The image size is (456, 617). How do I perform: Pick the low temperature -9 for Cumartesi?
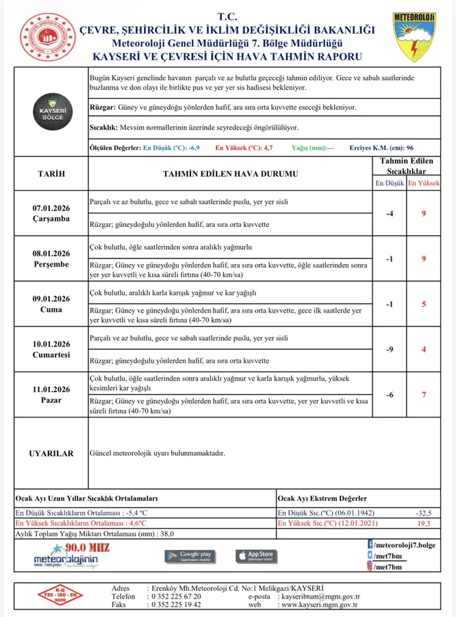(x=390, y=350)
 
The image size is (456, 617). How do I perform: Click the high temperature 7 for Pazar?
(x=424, y=395)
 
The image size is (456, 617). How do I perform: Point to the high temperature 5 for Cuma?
(x=424, y=304)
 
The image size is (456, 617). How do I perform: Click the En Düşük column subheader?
(x=390, y=184)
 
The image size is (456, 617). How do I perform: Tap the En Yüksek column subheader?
(x=424, y=184)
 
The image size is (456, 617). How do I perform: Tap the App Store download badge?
(x=257, y=555)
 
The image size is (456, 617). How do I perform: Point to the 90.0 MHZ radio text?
(x=86, y=547)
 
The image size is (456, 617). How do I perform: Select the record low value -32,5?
(x=424, y=513)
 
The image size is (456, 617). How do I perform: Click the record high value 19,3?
(x=424, y=523)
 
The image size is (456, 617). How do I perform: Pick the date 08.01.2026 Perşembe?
(x=51, y=258)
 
